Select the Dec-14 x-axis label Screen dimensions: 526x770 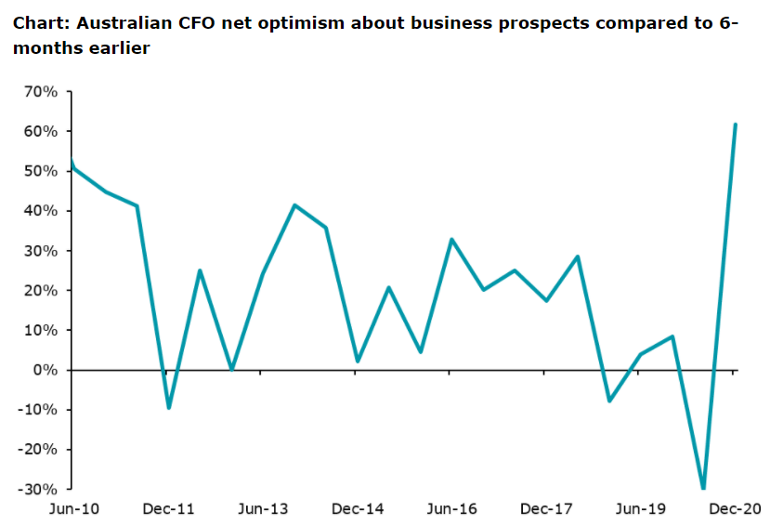358,509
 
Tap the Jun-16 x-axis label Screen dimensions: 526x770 452,509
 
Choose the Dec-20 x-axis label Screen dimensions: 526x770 737,509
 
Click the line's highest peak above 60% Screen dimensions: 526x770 735,124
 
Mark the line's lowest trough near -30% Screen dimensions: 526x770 703,488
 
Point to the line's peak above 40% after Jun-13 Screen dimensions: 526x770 294,204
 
